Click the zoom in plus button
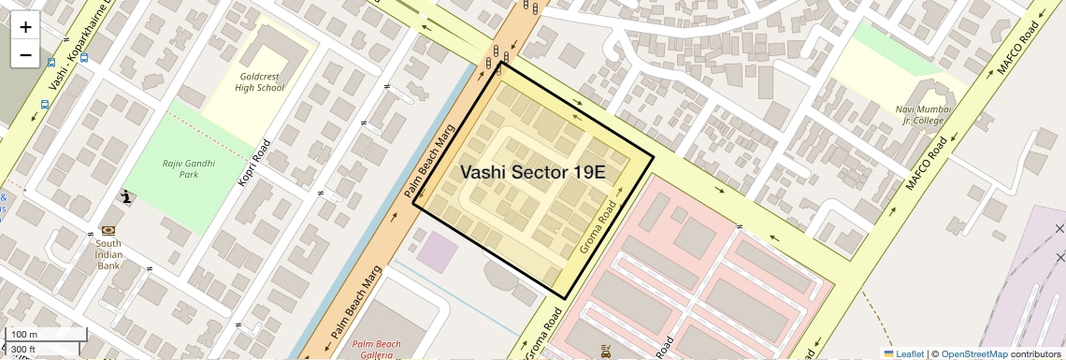point(25,27)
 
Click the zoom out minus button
point(25,55)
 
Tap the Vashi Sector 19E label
point(533,172)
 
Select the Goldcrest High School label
point(259,81)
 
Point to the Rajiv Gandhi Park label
point(175,168)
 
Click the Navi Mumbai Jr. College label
point(923,114)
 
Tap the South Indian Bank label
point(108,252)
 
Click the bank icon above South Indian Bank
point(108,230)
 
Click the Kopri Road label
point(254,163)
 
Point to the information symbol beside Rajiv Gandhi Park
point(126,196)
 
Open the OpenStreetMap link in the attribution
point(973,353)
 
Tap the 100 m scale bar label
point(24,334)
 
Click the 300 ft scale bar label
point(22,350)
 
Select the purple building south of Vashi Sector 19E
point(437,252)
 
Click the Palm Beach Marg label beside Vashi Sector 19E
point(431,163)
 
